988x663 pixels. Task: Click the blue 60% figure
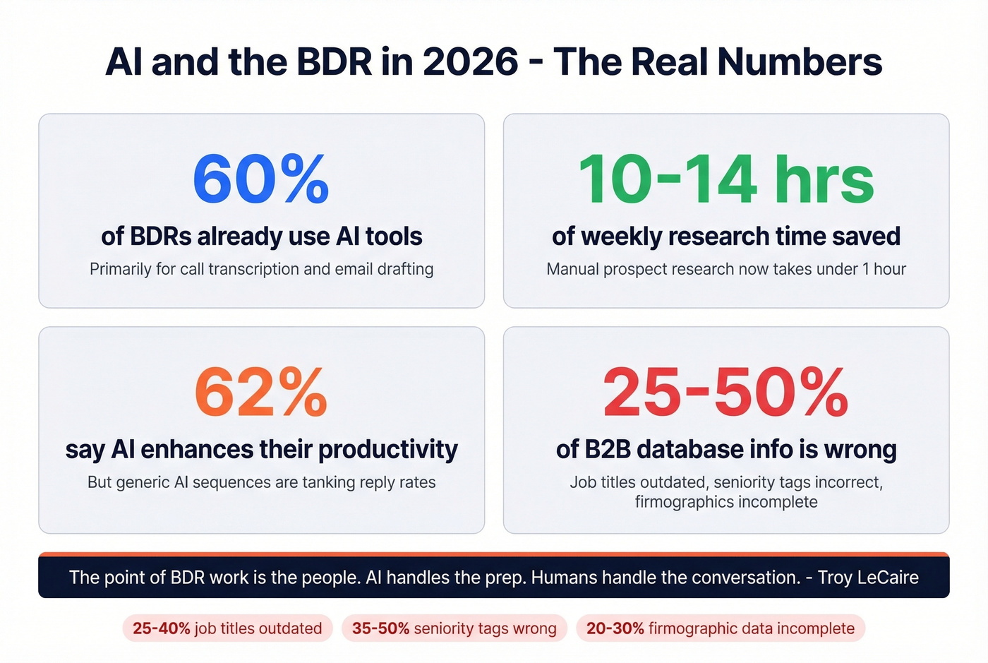pos(261,179)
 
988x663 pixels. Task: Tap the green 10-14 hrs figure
pos(726,179)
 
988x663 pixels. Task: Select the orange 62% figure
pos(261,393)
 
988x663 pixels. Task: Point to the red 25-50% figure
pos(726,393)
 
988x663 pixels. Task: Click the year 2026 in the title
pos(470,62)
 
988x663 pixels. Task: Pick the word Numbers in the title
pos(800,62)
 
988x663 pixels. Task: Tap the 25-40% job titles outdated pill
pos(227,628)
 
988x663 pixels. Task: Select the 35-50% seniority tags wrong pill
pos(454,628)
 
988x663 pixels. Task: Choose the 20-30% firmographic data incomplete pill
pos(721,628)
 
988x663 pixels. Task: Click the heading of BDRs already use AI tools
pos(261,237)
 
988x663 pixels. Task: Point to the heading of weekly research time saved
pos(726,237)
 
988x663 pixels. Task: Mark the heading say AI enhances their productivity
pos(261,450)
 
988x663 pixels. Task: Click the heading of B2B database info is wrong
pos(726,450)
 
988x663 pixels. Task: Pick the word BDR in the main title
pos(334,62)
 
